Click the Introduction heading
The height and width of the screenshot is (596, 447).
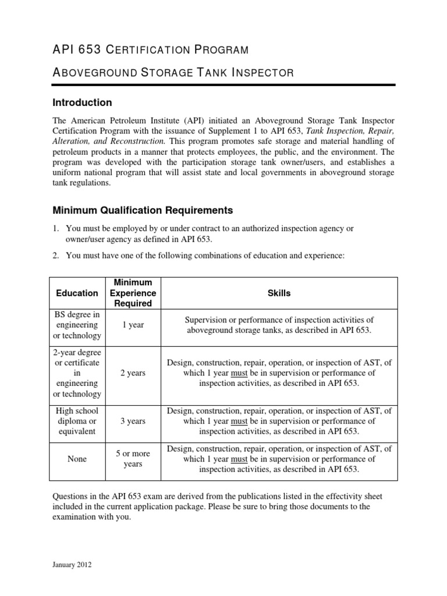point(82,102)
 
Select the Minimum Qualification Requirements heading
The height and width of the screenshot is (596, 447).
point(143,210)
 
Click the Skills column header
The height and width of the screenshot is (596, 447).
point(279,293)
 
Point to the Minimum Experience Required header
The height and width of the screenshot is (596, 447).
point(133,293)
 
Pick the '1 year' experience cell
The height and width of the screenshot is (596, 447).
point(133,325)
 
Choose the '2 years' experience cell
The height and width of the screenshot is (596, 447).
point(133,372)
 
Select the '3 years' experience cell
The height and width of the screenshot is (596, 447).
point(133,421)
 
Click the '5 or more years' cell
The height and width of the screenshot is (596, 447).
point(133,459)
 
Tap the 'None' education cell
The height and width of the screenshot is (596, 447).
point(77,459)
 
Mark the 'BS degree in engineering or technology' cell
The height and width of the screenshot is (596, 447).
point(77,325)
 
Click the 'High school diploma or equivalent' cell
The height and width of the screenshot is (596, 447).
point(77,421)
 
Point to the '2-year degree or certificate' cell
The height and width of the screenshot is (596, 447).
point(77,372)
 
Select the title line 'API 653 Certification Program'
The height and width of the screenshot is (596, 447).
point(150,49)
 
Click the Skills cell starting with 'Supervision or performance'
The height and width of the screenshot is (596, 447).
point(279,325)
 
